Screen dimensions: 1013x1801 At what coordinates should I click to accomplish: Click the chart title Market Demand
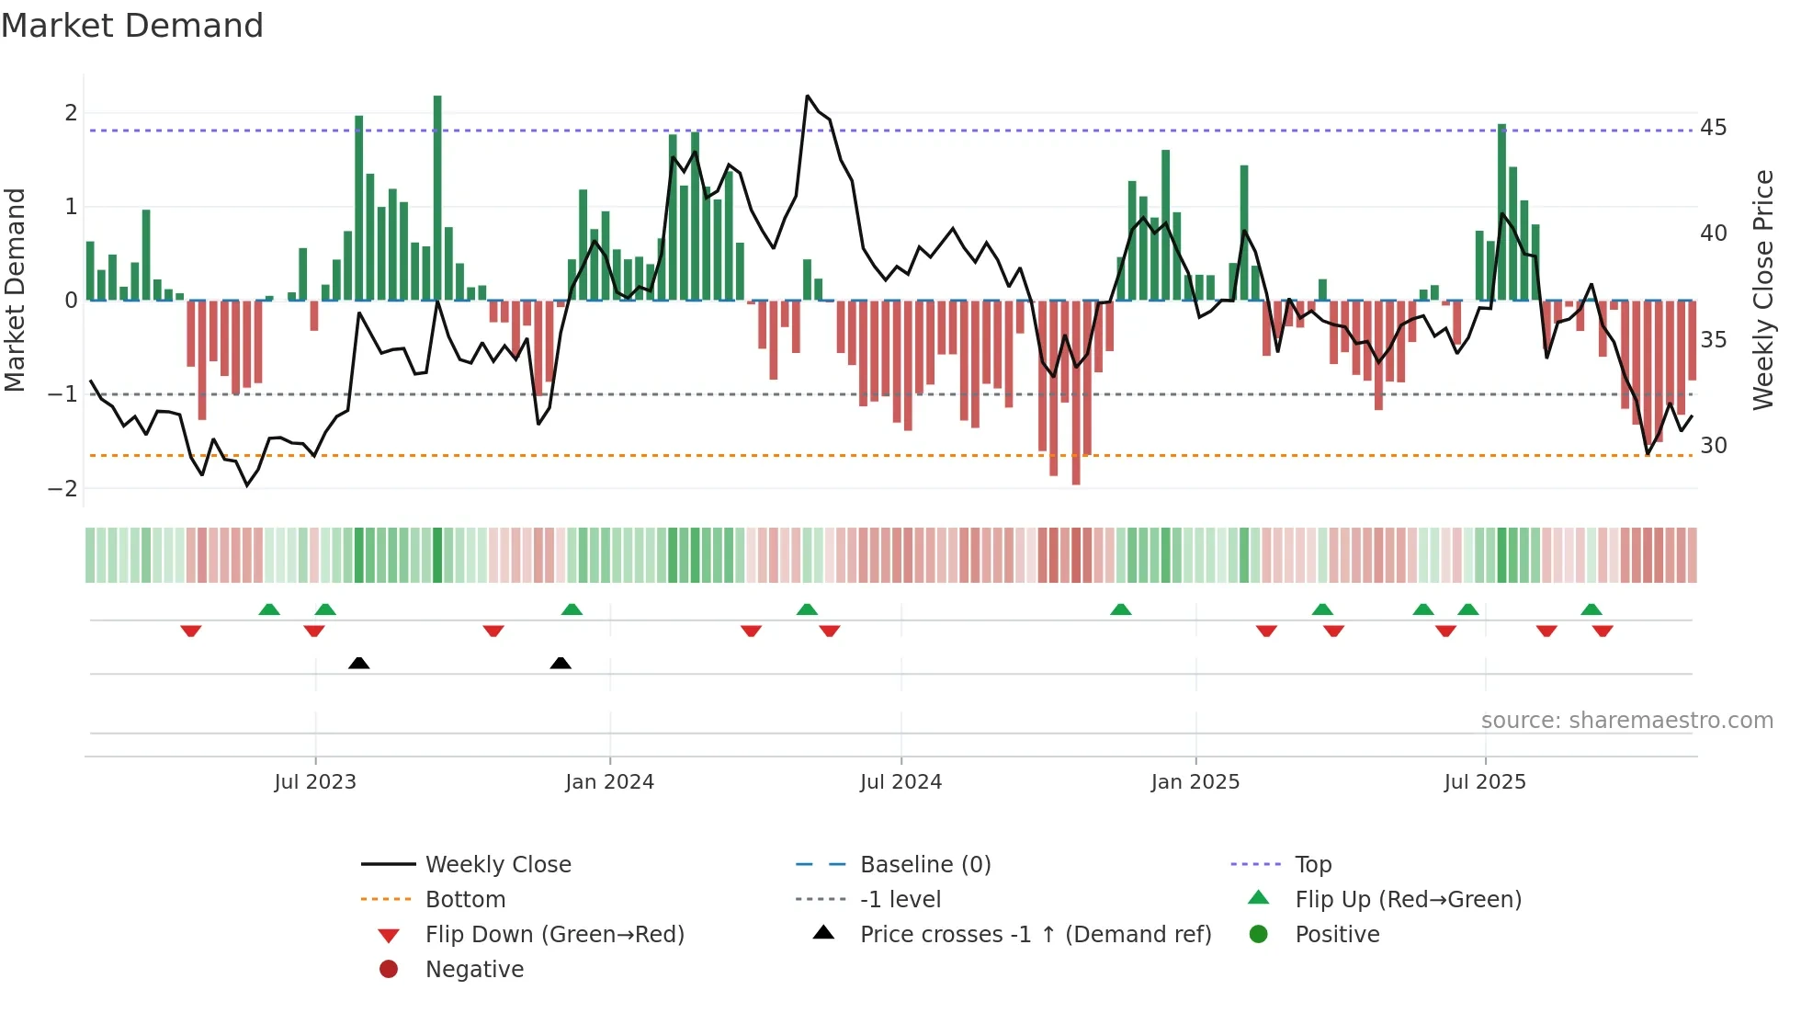tap(132, 26)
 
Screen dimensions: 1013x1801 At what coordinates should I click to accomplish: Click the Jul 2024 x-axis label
tap(900, 782)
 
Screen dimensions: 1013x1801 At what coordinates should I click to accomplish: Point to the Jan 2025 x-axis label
tap(1195, 782)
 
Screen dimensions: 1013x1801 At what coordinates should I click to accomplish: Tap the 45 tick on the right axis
tap(1713, 128)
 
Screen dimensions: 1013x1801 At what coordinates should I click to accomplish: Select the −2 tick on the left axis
tap(63, 489)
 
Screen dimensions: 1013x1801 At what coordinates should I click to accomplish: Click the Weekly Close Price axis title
tap(1762, 290)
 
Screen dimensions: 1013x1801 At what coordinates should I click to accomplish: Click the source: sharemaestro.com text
tap(1626, 721)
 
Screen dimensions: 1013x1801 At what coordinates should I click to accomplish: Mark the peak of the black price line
tap(808, 97)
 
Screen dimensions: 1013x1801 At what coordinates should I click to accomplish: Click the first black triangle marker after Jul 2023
tap(359, 664)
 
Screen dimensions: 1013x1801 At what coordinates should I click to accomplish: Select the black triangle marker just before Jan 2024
tap(561, 664)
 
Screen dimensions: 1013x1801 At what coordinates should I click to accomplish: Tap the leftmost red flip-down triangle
tap(191, 631)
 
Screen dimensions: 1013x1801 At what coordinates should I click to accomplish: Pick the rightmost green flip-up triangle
tap(1591, 609)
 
